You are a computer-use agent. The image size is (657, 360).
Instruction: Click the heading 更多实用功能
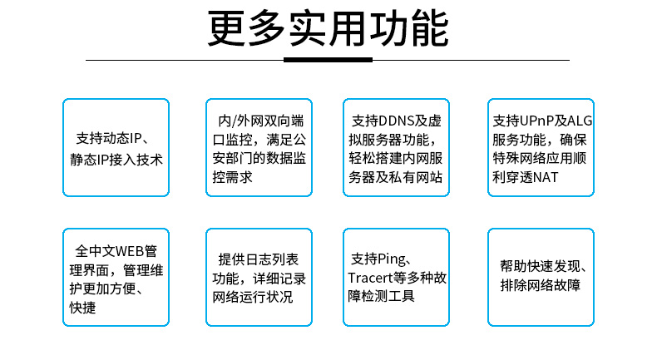(328, 29)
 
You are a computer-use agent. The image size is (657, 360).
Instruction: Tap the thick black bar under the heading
(328, 60)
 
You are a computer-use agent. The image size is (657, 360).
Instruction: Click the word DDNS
(396, 121)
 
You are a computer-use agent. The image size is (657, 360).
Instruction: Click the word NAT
(546, 177)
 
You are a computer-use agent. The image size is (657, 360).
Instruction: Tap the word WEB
(129, 251)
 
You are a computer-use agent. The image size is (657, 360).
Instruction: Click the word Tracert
(370, 278)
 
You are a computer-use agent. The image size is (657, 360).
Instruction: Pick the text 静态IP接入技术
(116, 160)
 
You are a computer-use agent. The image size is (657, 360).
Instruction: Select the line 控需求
(233, 177)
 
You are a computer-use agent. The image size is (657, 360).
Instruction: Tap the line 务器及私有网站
(396, 177)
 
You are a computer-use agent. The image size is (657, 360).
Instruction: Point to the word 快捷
(82, 308)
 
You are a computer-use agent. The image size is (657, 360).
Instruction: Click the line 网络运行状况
(253, 297)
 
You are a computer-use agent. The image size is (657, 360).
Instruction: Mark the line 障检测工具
(381, 296)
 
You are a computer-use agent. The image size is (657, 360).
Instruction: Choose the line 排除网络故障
(541, 285)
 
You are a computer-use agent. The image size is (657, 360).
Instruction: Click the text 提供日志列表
(259, 259)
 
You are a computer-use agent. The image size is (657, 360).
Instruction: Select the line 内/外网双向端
(261, 121)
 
